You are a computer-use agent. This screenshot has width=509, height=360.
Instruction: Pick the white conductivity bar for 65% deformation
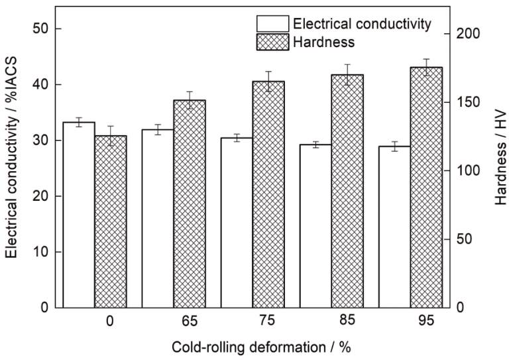[158, 218]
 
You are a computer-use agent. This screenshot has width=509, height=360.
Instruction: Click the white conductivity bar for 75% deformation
[237, 222]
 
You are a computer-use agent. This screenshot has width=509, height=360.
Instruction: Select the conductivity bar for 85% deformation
[315, 226]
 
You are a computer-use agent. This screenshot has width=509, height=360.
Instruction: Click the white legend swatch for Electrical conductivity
[272, 24]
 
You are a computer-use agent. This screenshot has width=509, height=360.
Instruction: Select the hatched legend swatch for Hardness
[272, 41]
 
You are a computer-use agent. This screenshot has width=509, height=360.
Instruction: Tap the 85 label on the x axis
[347, 321]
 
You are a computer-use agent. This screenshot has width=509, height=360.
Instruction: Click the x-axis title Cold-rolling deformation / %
[257, 347]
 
